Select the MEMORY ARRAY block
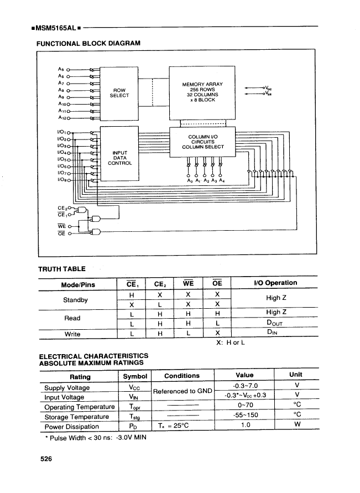tap(203, 92)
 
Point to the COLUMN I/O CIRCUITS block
tap(203, 142)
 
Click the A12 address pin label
tap(63, 117)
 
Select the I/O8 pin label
tap(64, 179)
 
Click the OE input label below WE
tap(62, 232)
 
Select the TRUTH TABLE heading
tap(61, 269)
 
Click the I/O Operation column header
tap(274, 283)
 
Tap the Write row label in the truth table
tap(72, 334)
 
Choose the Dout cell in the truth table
tap(274, 324)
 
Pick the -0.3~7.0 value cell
tap(246, 386)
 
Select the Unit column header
tap(295, 375)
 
